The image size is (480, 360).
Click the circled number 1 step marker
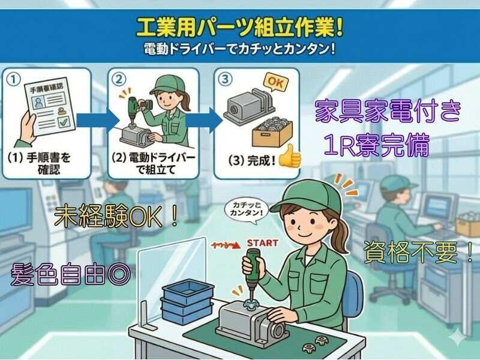pos(14,79)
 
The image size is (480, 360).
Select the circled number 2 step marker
pos(119,79)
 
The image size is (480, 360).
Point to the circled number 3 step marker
pos(225,79)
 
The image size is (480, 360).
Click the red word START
pos(263,243)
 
